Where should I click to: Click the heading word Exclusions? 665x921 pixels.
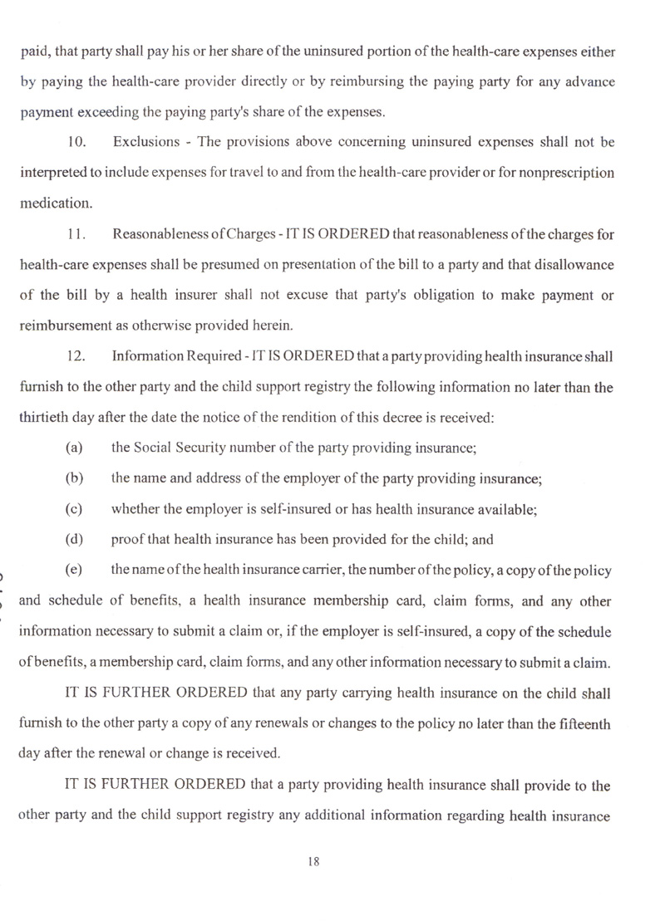(148, 143)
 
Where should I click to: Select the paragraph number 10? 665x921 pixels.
(76, 143)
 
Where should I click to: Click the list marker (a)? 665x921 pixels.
(75, 449)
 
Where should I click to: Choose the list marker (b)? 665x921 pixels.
(75, 480)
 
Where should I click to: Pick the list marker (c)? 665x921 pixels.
(75, 510)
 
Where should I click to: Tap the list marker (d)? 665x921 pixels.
(75, 541)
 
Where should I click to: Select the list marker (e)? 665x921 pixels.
(75, 571)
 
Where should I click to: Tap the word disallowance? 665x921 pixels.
(573, 266)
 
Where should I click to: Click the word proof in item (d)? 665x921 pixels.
(126, 541)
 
